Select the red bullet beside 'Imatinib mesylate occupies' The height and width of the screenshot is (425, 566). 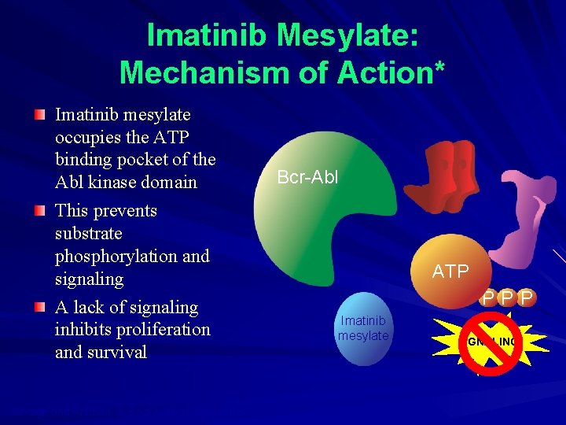pyautogui.click(x=40, y=116)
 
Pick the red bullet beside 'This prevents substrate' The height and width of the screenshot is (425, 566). pyautogui.click(x=40, y=212)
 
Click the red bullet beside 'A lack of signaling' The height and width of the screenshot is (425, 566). pyautogui.click(x=40, y=308)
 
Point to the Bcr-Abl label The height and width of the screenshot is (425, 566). pyautogui.click(x=307, y=177)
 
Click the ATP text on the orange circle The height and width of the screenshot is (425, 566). pyautogui.click(x=450, y=272)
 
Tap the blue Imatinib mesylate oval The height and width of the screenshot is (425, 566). pyautogui.click(x=363, y=329)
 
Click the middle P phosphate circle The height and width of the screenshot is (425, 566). pyautogui.click(x=507, y=298)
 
